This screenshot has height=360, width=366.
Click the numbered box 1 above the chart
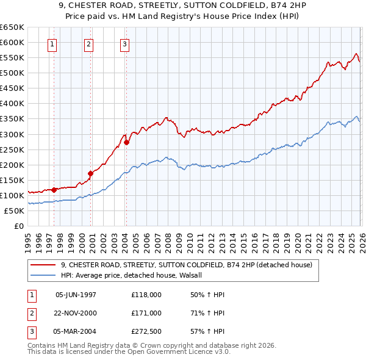click(x=52, y=43)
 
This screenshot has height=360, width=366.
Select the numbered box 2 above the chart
click(x=89, y=43)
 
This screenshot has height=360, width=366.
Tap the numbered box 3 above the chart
click(x=124, y=43)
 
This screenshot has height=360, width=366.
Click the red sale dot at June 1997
click(x=54, y=190)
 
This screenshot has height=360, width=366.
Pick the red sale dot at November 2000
click(x=90, y=173)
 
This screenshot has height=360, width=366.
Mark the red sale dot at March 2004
click(x=126, y=142)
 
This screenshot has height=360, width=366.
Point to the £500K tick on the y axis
click(x=12, y=73)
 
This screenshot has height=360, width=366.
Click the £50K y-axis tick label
click(x=14, y=211)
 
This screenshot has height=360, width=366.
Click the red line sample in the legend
click(x=43, y=265)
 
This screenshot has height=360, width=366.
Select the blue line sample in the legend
click(x=43, y=275)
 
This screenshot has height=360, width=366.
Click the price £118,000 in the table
click(x=146, y=295)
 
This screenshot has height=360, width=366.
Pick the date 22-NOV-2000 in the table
click(x=76, y=313)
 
